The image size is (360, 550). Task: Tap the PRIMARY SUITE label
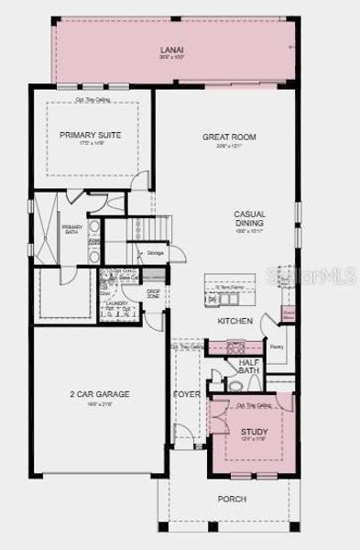tap(90, 136)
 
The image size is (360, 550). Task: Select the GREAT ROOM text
tap(228, 137)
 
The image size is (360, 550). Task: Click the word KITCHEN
tap(235, 321)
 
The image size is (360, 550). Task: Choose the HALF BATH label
tap(249, 367)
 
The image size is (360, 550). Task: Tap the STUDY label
tap(254, 431)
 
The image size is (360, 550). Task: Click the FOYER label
tap(187, 395)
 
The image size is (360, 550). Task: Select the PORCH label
tap(231, 500)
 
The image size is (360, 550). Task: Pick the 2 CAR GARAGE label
tap(100, 394)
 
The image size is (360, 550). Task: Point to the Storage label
tap(155, 253)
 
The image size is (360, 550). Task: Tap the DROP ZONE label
tap(154, 295)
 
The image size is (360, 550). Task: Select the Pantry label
tap(276, 346)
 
